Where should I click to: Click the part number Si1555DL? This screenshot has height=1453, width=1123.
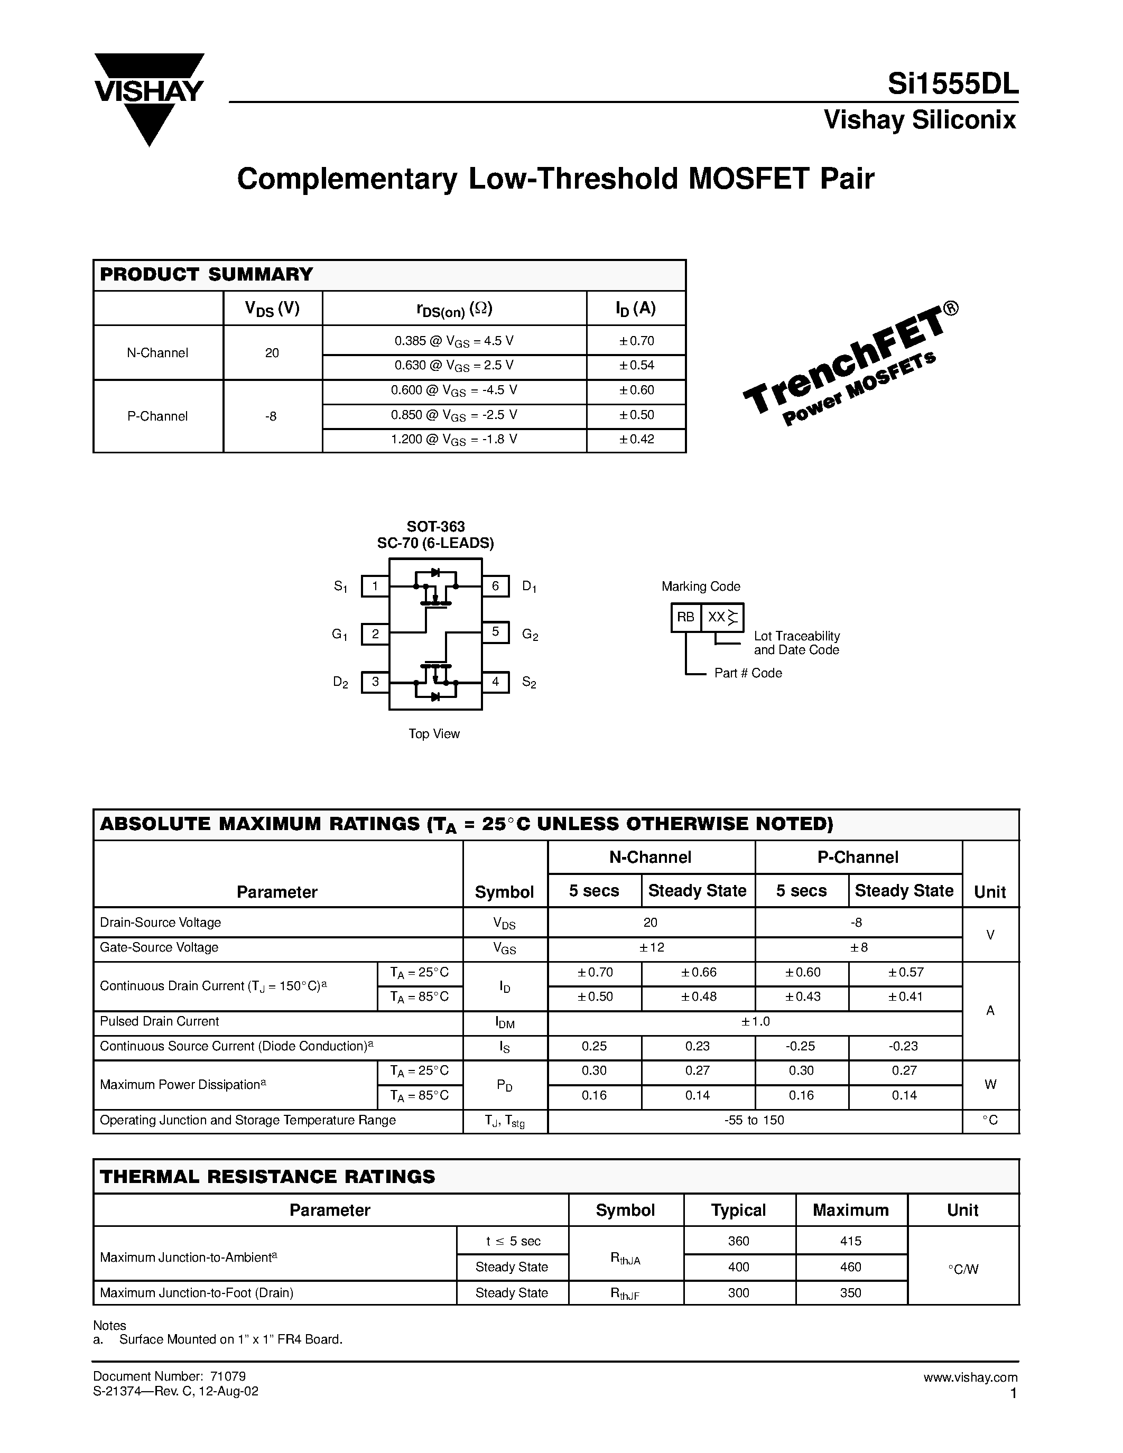click(953, 85)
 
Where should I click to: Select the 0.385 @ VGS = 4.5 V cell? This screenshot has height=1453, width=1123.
click(454, 341)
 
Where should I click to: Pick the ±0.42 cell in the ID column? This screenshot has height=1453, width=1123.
click(637, 439)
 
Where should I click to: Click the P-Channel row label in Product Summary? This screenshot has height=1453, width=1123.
click(157, 416)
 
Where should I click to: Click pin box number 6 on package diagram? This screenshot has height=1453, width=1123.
click(496, 586)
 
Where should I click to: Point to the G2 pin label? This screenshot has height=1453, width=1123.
click(530, 635)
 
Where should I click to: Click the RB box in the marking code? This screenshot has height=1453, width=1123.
click(685, 617)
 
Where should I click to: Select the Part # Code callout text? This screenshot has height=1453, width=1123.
click(748, 673)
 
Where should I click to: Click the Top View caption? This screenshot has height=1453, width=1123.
click(434, 734)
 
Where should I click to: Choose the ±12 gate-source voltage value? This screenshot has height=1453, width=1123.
click(651, 947)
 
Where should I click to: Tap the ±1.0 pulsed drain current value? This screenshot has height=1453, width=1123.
click(755, 1021)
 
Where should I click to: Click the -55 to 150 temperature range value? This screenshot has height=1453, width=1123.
click(755, 1120)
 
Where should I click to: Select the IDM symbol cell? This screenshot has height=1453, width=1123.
click(505, 1022)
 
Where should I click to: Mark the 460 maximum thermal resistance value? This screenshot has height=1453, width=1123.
click(850, 1266)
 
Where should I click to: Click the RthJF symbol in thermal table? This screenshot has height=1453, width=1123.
click(625, 1293)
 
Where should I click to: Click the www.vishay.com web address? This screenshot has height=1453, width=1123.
click(970, 1377)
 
